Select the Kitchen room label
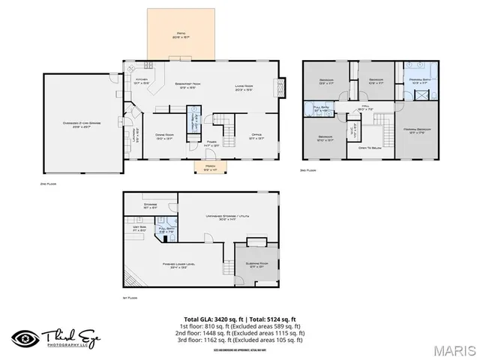click(140, 81)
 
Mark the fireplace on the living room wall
click(281, 87)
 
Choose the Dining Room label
click(165, 136)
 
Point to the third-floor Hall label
click(365, 108)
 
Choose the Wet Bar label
click(139, 229)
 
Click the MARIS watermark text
click(454, 350)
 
